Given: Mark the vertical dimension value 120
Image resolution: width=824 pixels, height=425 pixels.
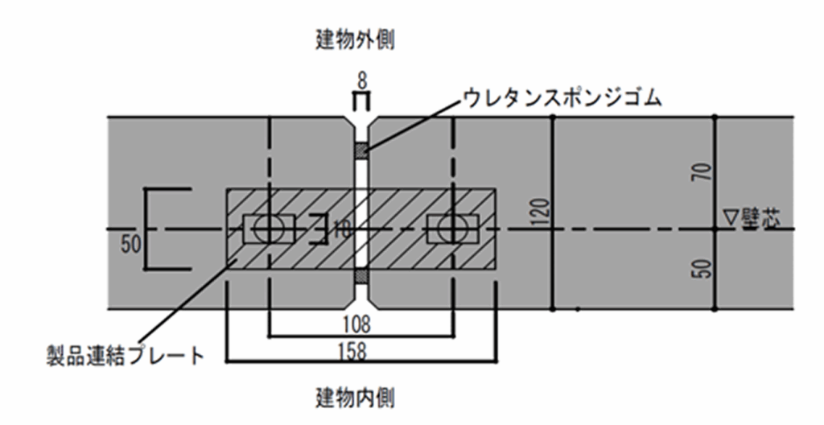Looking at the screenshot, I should point(541,211).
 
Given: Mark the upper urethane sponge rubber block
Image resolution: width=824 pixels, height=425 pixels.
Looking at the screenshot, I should point(361,150).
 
